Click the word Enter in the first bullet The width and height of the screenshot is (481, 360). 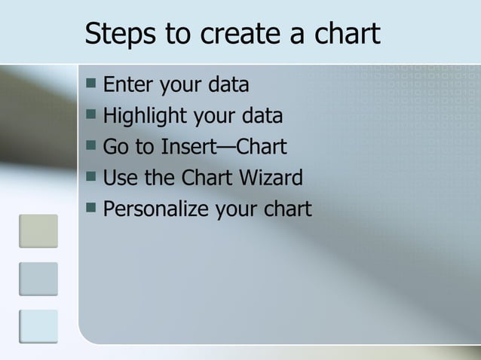tap(126, 85)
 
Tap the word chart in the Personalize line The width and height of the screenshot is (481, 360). tap(284, 209)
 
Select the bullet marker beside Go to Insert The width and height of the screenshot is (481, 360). tap(90, 145)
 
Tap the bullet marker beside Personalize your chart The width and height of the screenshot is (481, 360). tap(90, 207)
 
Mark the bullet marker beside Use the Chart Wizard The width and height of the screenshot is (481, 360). tap(90, 176)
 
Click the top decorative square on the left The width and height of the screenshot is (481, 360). tap(38, 231)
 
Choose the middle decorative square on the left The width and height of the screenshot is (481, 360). tap(38, 279)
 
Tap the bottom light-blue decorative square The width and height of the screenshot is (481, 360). tap(38, 327)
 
